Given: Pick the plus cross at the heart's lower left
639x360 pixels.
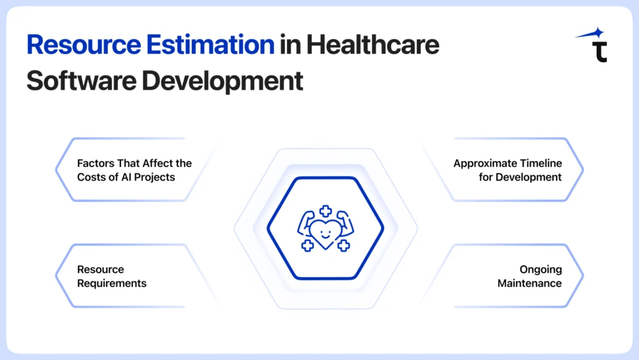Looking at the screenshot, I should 307,246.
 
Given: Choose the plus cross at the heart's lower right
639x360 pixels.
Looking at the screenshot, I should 343,246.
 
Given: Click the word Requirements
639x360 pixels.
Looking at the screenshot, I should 112,283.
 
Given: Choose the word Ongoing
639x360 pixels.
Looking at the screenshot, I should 540,270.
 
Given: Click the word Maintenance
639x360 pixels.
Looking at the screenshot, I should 529,283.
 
